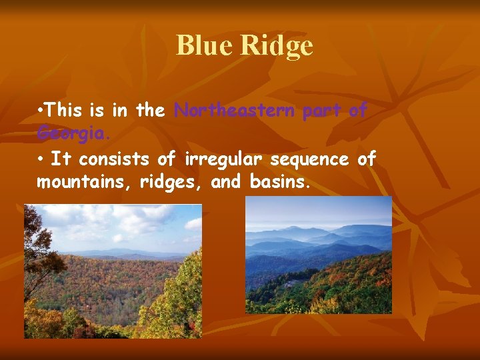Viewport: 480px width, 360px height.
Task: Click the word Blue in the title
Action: [x=204, y=45]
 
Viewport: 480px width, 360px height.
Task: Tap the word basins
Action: [x=280, y=181]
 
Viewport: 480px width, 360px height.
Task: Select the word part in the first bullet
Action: [x=320, y=111]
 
